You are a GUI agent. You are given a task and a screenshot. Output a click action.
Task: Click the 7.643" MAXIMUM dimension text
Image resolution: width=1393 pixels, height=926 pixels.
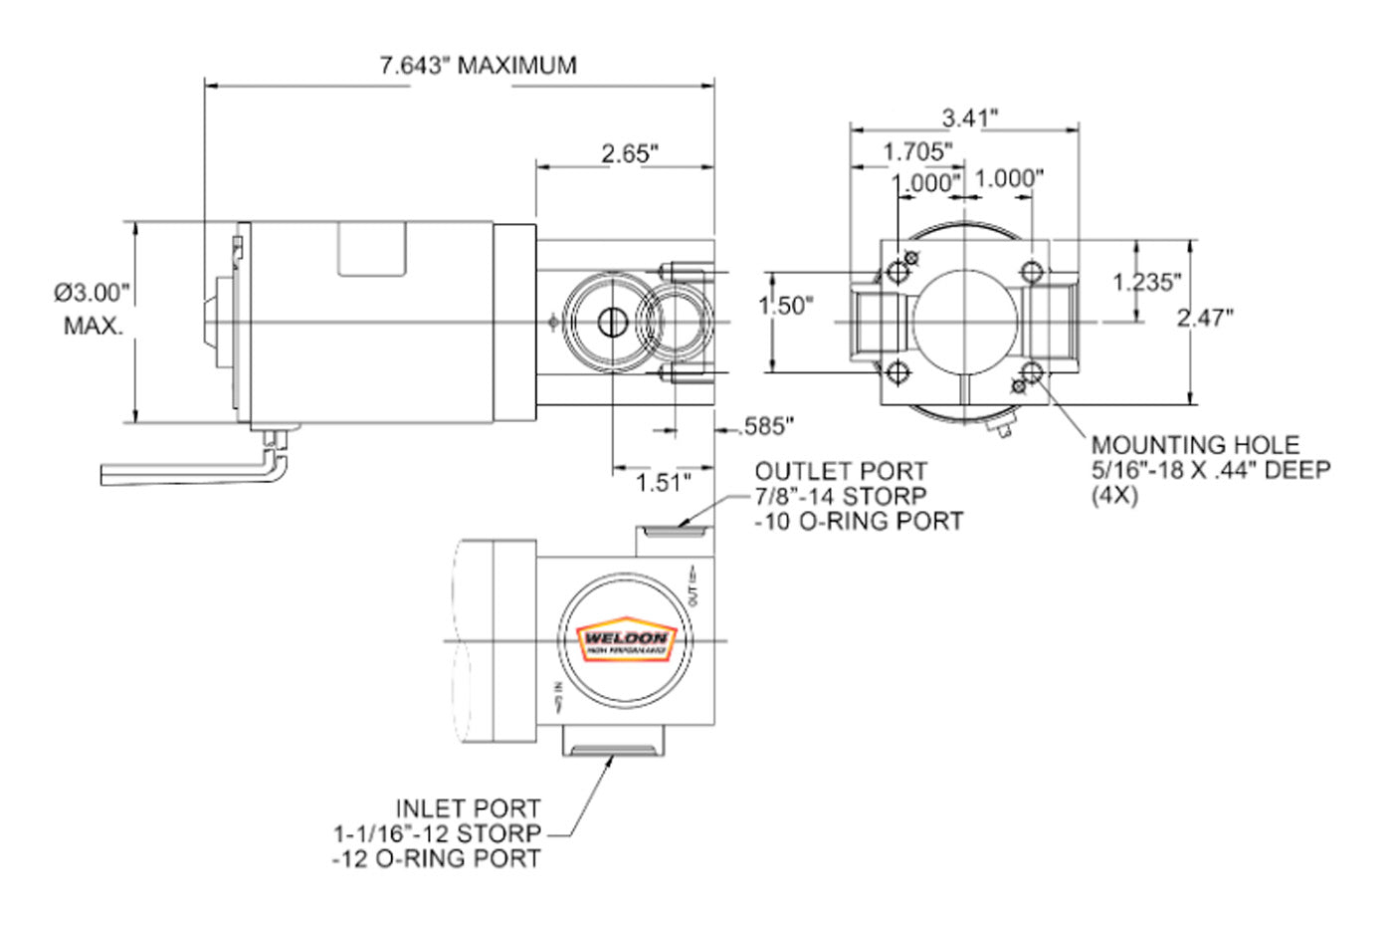coord(478,66)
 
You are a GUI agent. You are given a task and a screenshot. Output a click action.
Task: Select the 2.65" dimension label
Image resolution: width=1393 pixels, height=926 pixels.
coord(630,153)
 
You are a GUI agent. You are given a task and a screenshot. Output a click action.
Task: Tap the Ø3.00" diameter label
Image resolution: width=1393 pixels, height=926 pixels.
coord(93,293)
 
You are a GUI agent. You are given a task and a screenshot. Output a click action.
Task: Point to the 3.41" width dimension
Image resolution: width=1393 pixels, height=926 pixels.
coord(969,117)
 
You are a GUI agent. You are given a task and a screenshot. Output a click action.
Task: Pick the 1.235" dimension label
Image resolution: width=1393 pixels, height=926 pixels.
coord(1146,282)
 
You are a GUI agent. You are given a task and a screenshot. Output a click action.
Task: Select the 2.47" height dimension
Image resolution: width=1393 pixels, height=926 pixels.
coord(1204,318)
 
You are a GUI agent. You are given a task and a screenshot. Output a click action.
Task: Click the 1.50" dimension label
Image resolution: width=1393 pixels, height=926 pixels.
coord(786,306)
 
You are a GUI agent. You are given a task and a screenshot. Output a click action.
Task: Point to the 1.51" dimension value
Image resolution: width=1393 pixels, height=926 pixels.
coord(664,483)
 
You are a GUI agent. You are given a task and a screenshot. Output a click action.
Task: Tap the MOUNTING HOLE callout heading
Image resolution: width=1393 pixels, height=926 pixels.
coord(1195,445)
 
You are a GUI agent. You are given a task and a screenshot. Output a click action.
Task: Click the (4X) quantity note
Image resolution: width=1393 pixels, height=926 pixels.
coord(1114,495)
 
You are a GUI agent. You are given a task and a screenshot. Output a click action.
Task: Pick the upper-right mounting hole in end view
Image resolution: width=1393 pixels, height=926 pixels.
coord(1032,272)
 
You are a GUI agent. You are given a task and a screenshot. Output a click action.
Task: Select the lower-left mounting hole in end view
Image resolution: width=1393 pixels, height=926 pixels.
coord(899,373)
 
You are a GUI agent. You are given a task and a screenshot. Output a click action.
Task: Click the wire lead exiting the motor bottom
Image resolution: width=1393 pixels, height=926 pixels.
coord(189,472)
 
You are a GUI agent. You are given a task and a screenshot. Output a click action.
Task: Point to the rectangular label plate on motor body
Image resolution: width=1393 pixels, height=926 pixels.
coord(372,248)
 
